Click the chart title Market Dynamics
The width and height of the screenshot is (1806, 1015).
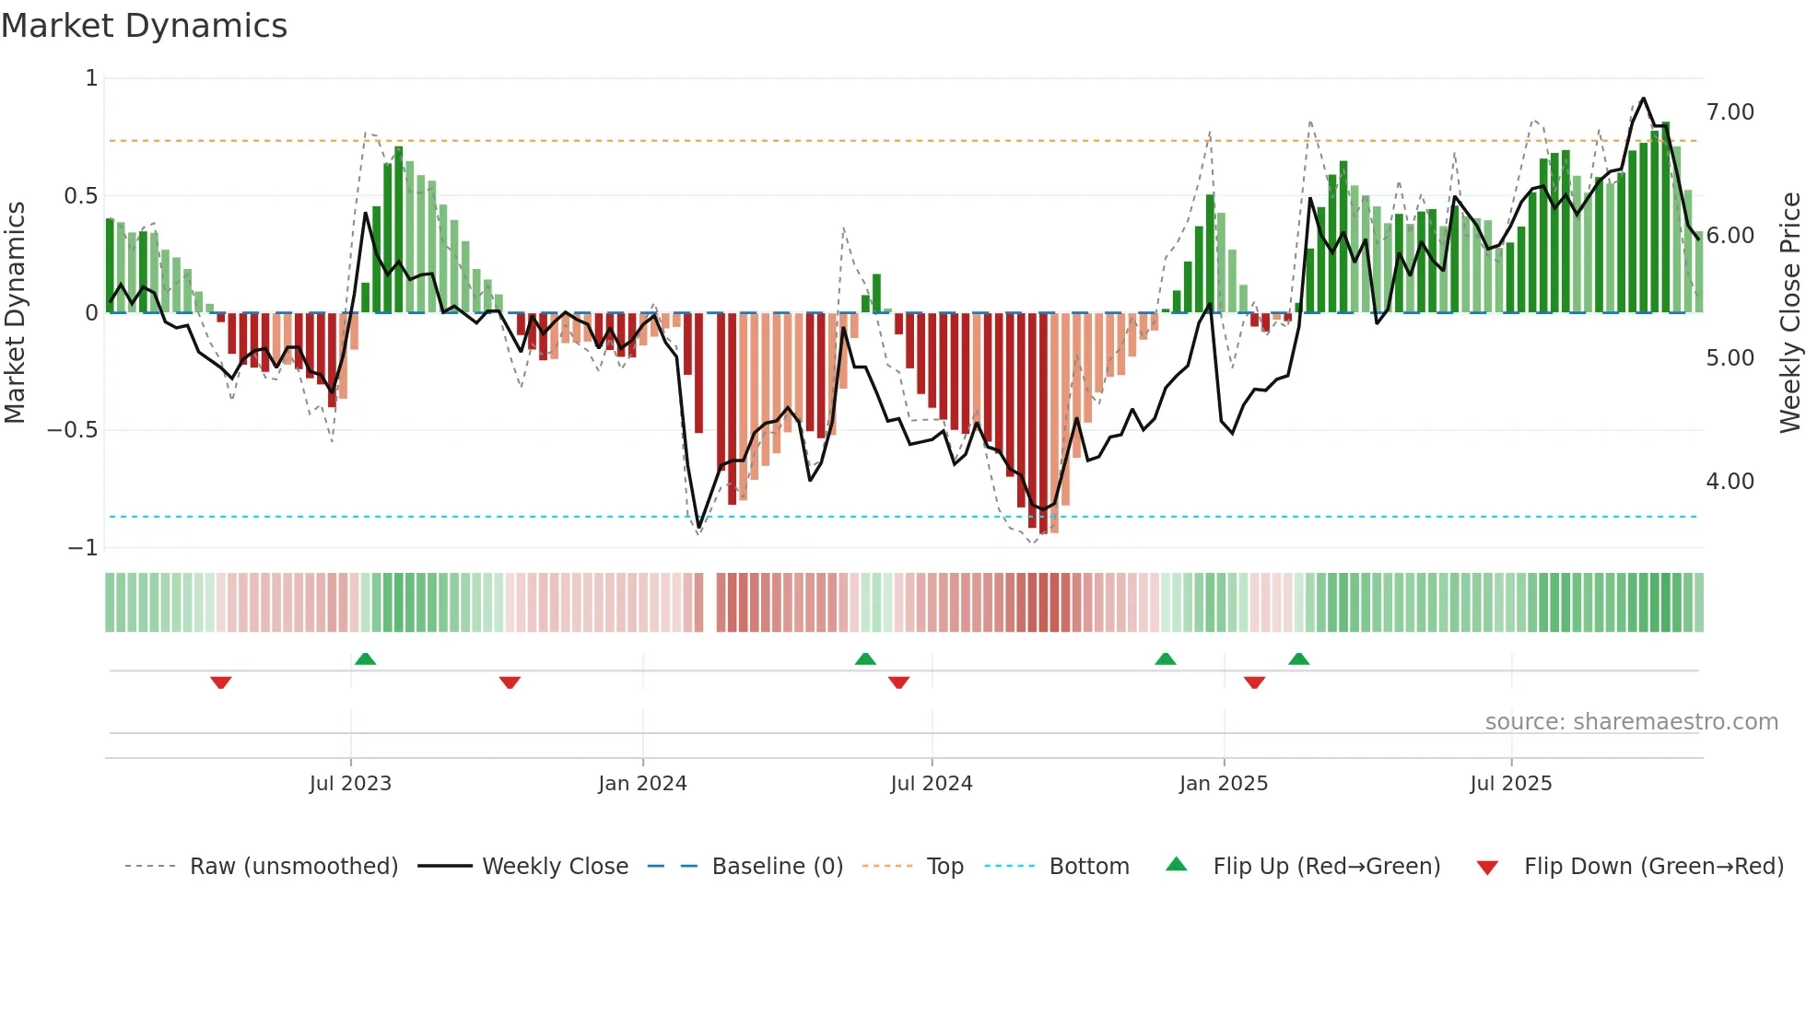click(145, 26)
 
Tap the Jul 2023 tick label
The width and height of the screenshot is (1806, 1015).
click(350, 784)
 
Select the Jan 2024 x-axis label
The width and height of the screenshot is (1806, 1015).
click(642, 784)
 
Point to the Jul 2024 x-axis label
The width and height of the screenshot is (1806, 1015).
click(932, 784)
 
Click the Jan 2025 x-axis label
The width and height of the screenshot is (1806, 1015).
click(1224, 784)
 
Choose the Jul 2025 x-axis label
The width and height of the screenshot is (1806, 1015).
click(1511, 784)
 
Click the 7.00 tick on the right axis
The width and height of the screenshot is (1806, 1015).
click(1730, 112)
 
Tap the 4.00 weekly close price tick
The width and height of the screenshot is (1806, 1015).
click(1730, 482)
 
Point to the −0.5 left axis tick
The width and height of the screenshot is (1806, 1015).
click(72, 430)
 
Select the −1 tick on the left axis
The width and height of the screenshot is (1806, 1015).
click(82, 548)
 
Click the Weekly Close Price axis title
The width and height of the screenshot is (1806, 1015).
click(1789, 312)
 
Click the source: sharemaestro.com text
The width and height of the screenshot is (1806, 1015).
click(1631, 722)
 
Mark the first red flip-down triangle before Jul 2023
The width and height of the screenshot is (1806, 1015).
click(220, 682)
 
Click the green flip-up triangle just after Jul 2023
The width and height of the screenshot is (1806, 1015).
click(365, 659)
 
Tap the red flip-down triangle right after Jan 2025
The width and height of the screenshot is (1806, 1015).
click(1254, 682)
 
